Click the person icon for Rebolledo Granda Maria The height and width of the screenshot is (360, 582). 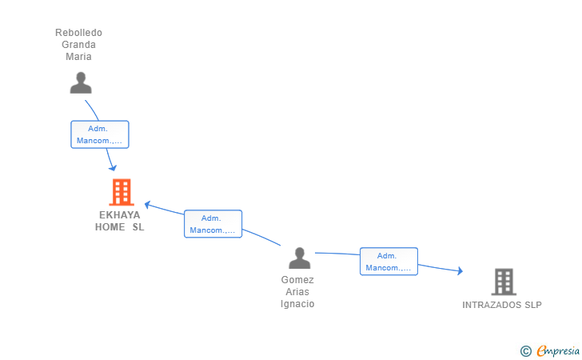pyautogui.click(x=81, y=83)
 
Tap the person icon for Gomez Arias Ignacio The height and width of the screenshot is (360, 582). pyautogui.click(x=299, y=258)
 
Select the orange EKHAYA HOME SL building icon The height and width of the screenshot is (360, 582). pyautogui.click(x=122, y=192)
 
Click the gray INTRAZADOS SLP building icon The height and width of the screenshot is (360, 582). pyautogui.click(x=504, y=282)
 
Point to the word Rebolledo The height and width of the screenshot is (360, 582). pyautogui.click(x=78, y=33)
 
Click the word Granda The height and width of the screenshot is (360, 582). pyautogui.click(x=78, y=45)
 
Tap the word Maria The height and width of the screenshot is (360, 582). pyautogui.click(x=78, y=57)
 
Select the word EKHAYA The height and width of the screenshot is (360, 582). pyautogui.click(x=120, y=215)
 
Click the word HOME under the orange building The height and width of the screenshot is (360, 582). pyautogui.click(x=110, y=227)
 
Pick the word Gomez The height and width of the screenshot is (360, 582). pyautogui.click(x=297, y=280)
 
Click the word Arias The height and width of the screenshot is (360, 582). pyautogui.click(x=297, y=292)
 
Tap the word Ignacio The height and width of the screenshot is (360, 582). pyautogui.click(x=297, y=303)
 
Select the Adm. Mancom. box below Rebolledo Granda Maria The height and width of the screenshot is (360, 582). pyautogui.click(x=100, y=134)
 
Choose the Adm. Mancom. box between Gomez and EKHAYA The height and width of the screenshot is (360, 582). pyautogui.click(x=213, y=224)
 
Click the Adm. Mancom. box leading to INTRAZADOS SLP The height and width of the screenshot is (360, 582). pyautogui.click(x=389, y=262)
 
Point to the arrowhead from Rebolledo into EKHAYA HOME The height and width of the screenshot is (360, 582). pyautogui.click(x=113, y=168)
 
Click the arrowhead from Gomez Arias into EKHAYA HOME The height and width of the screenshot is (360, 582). pyautogui.click(x=147, y=205)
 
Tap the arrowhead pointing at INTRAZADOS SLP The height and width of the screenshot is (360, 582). pyautogui.click(x=460, y=271)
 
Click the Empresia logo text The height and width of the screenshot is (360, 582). pyautogui.click(x=558, y=350)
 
